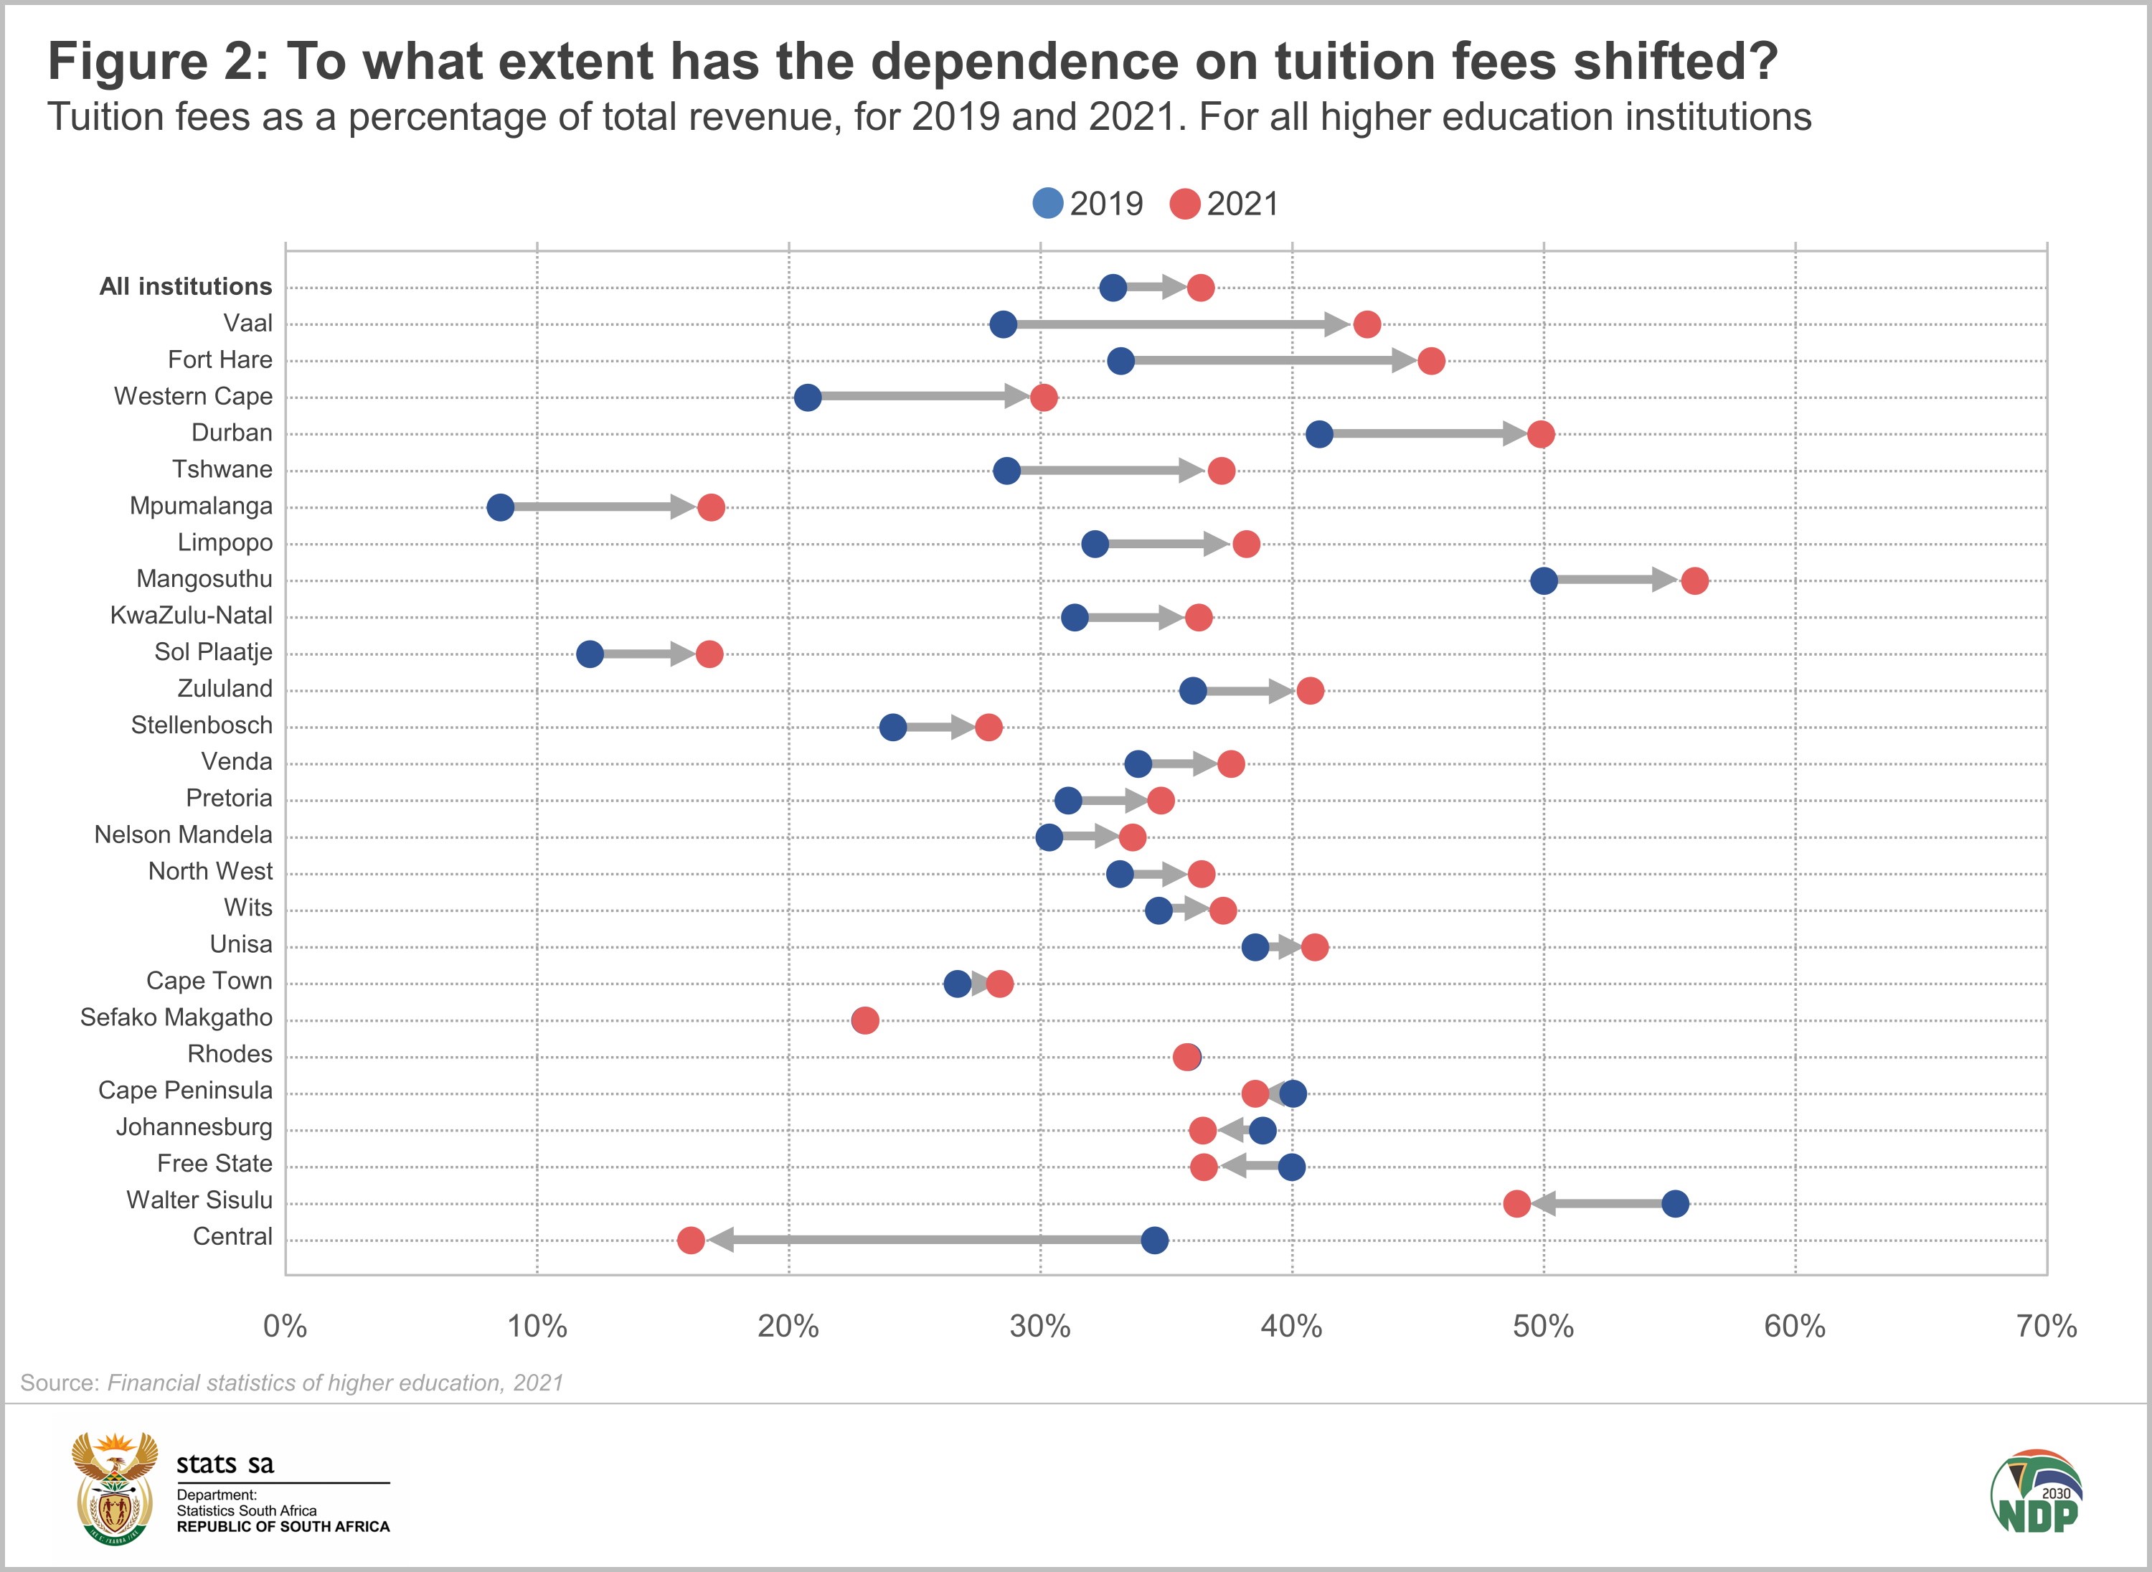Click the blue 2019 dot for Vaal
[1003, 324]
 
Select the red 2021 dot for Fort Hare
[1431, 362]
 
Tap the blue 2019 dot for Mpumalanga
[501, 507]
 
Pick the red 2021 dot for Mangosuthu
[1694, 580]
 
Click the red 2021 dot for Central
[691, 1240]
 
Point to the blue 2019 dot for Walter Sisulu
[1676, 1204]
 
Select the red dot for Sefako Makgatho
[865, 1021]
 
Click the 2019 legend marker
[1047, 204]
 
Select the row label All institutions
[186, 286]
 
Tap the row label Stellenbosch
[202, 725]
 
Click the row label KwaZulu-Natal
[192, 616]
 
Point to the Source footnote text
[291, 1383]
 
